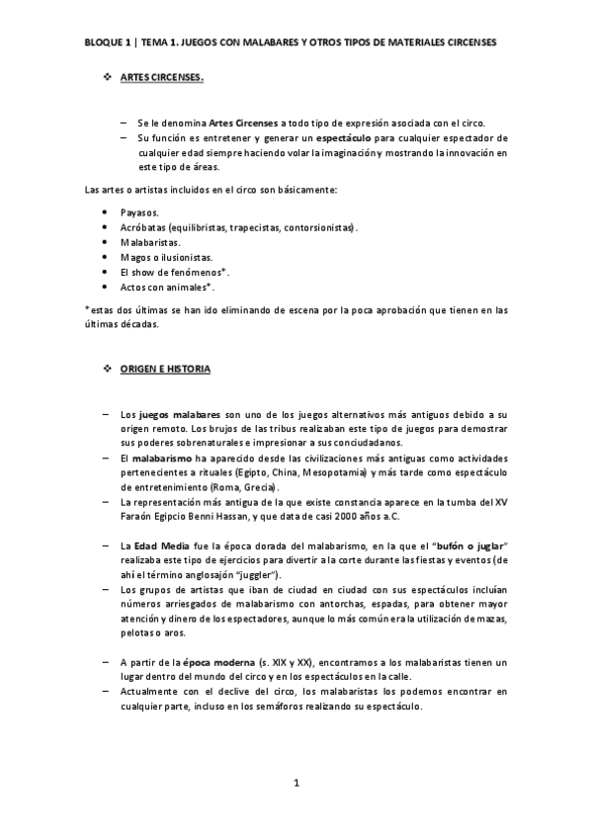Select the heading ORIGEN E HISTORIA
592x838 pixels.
click(164, 369)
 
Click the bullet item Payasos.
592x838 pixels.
click(139, 213)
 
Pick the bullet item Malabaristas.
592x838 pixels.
click(150, 241)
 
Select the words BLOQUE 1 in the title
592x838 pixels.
click(108, 42)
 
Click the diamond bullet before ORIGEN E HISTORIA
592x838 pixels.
click(108, 369)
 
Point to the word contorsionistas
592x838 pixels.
click(318, 227)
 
